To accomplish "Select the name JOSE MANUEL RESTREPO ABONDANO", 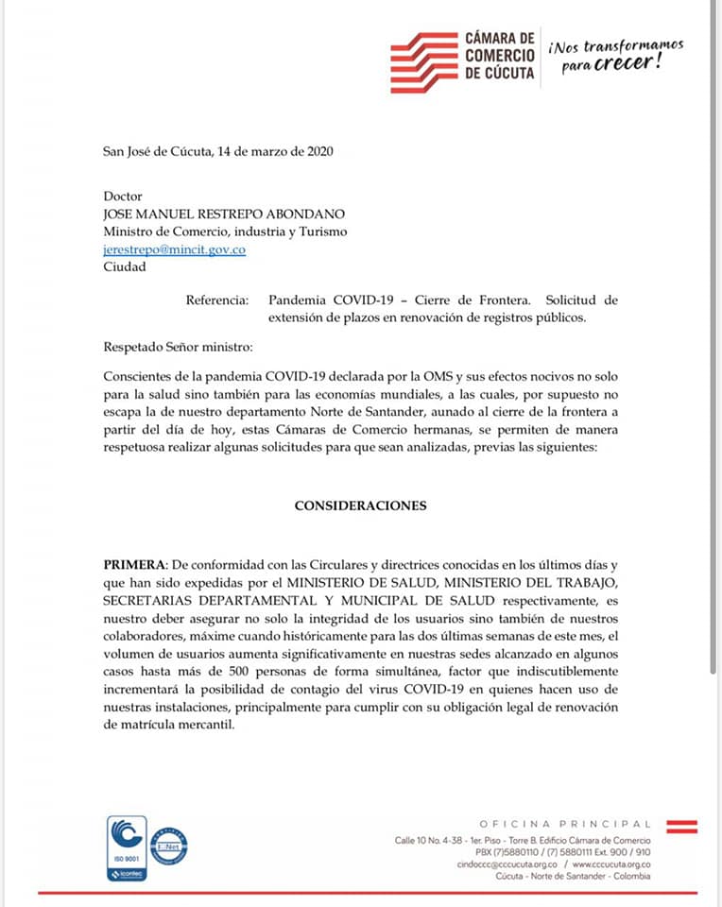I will (224, 214).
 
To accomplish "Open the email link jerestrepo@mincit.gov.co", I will (174, 249).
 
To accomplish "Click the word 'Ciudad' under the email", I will (124, 266).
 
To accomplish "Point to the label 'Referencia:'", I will (217, 300).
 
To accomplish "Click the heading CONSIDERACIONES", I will (360, 505).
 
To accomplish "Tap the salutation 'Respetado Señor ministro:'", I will (178, 347).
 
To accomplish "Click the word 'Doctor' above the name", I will (123, 197).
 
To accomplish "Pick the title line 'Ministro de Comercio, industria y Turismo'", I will (225, 231).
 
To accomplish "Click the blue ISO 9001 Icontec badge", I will (128, 848).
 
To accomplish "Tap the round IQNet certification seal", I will (169, 846).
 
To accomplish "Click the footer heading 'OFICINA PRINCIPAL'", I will (565, 824).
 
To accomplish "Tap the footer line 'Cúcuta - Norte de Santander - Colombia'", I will (574, 876).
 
